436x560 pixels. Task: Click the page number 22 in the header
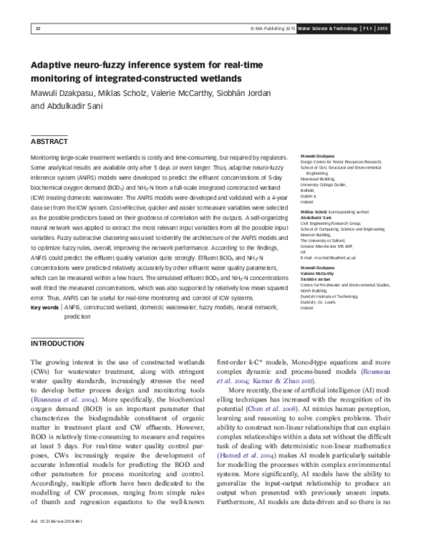coord(37,28)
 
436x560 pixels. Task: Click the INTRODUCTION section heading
coord(58,343)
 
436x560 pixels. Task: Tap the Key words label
coord(44,308)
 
